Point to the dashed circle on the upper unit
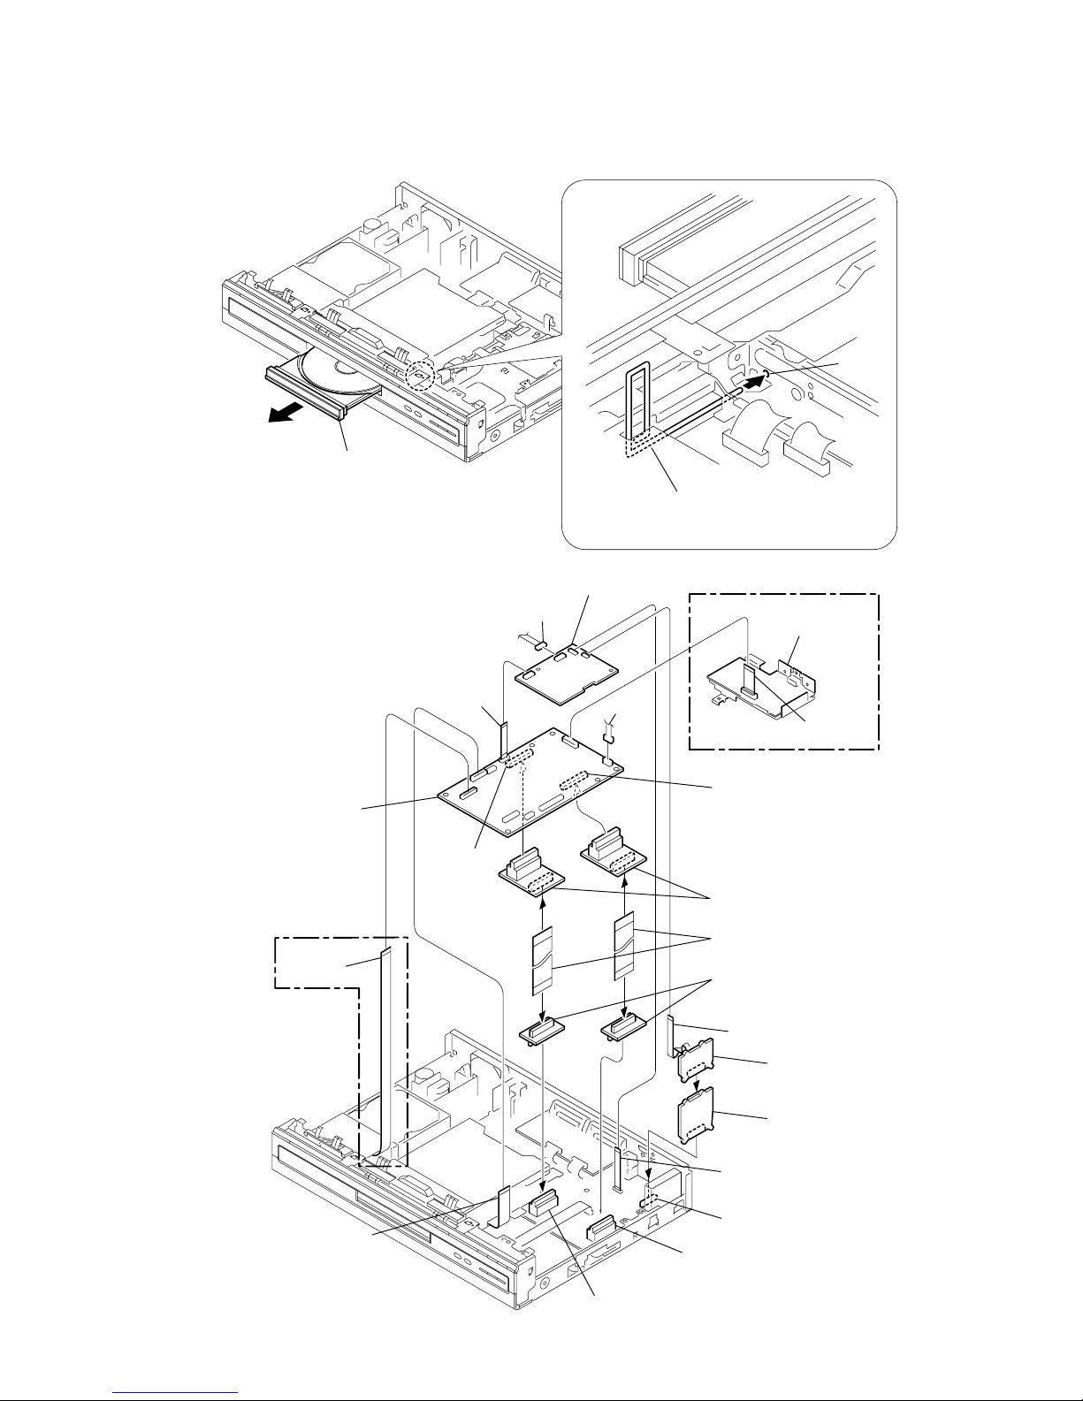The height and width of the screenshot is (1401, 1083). (x=419, y=377)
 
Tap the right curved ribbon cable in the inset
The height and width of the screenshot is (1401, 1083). (x=813, y=442)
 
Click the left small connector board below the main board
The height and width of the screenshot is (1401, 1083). (x=530, y=875)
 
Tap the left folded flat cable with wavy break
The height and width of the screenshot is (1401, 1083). (x=540, y=959)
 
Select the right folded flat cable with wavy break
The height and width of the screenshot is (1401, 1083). (x=624, y=947)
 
